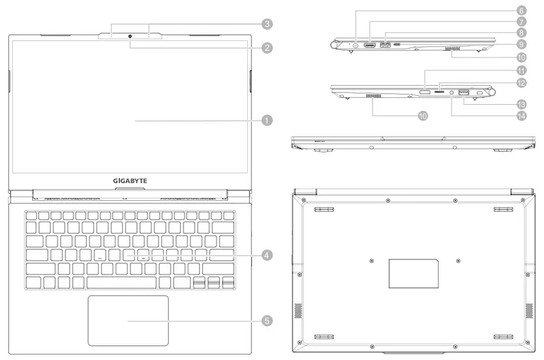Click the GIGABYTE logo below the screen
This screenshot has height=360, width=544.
tap(130, 181)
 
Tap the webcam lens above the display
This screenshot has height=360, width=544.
tap(131, 37)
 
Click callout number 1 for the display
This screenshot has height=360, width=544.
tap(266, 121)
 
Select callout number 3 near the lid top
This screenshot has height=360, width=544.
tap(267, 23)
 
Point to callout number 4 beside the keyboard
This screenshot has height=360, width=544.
tap(267, 255)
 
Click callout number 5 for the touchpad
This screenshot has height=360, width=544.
tap(267, 320)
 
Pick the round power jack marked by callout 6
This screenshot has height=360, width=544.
tap(357, 44)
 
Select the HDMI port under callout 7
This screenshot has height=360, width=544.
tap(371, 45)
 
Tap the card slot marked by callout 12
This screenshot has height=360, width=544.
tap(439, 93)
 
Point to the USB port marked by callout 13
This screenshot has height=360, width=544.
tap(463, 92)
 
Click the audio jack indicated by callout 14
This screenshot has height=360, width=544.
tap(452, 93)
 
